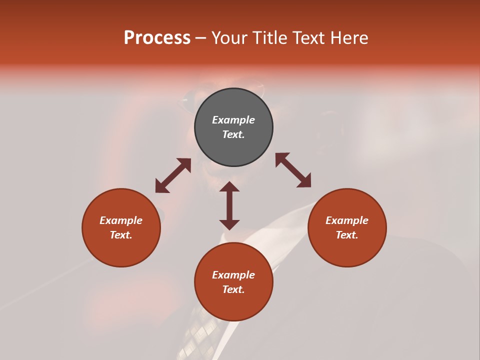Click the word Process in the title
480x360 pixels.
157,38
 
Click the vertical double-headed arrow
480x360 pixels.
229,205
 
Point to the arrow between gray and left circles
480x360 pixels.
173,175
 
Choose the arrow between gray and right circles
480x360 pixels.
293,170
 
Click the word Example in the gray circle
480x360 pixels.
233,120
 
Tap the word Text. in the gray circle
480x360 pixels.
233,134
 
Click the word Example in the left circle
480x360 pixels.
121,220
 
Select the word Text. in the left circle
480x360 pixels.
121,235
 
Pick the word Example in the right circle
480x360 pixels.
347,220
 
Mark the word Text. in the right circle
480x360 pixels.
347,235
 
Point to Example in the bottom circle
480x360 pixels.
233,275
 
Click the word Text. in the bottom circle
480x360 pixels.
233,289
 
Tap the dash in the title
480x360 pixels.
201,38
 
